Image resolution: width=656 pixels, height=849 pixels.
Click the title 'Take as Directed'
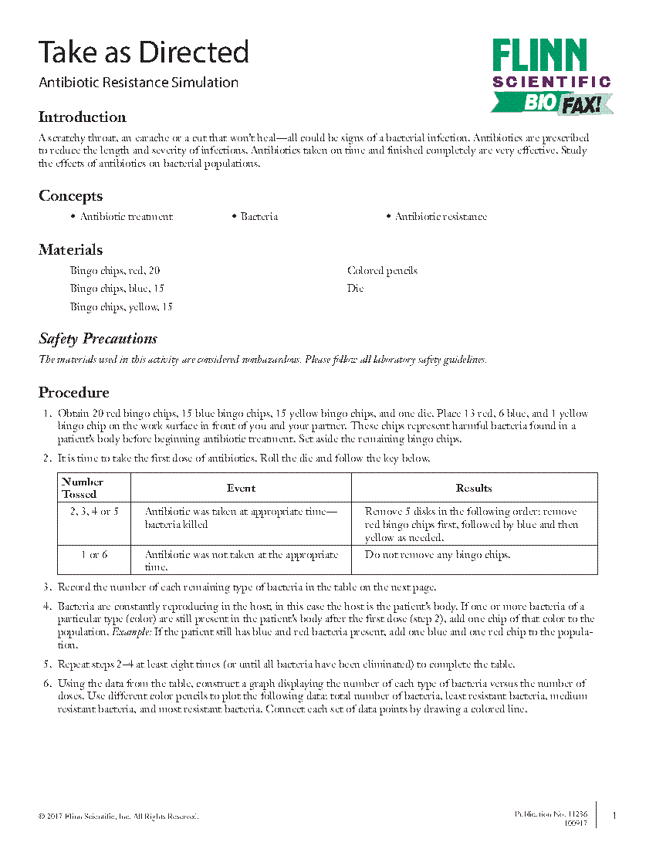[144, 52]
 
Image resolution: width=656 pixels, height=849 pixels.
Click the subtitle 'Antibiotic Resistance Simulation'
[139, 83]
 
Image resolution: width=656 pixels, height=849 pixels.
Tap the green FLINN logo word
[539, 56]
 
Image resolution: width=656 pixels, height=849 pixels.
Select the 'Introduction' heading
[83, 117]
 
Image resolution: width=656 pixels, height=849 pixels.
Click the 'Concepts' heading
[71, 196]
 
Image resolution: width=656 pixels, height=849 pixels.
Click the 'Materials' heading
[71, 250]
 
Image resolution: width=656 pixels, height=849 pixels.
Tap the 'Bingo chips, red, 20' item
[115, 271]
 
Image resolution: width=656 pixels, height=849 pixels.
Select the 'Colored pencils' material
[382, 271]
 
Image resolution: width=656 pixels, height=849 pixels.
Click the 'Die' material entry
[355, 289]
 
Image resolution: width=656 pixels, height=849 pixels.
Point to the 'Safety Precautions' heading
[98, 339]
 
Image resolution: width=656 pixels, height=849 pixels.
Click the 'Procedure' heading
[74, 393]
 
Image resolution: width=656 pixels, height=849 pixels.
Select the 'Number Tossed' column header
[83, 488]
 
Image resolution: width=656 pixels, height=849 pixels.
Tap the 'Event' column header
[241, 488]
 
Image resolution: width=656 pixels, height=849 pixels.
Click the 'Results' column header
[474, 488]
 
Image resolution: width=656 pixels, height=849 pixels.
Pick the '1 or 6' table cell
[94, 555]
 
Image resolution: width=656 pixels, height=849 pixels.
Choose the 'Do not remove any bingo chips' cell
[438, 555]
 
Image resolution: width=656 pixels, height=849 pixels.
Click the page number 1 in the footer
[614, 816]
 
